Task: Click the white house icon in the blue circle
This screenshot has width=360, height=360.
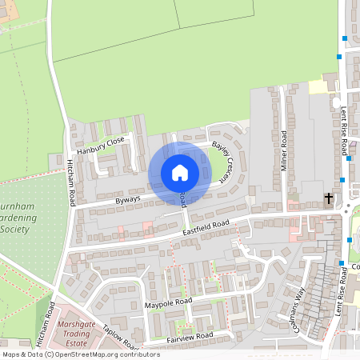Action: (x=180, y=173)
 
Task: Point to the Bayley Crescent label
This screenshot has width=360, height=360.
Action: (x=222, y=162)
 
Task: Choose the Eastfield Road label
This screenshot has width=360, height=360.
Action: (x=206, y=227)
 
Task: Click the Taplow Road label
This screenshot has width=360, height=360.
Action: (x=120, y=341)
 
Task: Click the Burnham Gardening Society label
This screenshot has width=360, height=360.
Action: (x=18, y=217)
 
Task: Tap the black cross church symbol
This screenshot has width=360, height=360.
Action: (x=328, y=198)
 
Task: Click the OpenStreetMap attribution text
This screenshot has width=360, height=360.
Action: (x=81, y=354)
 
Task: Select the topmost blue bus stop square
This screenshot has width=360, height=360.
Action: (x=345, y=38)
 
